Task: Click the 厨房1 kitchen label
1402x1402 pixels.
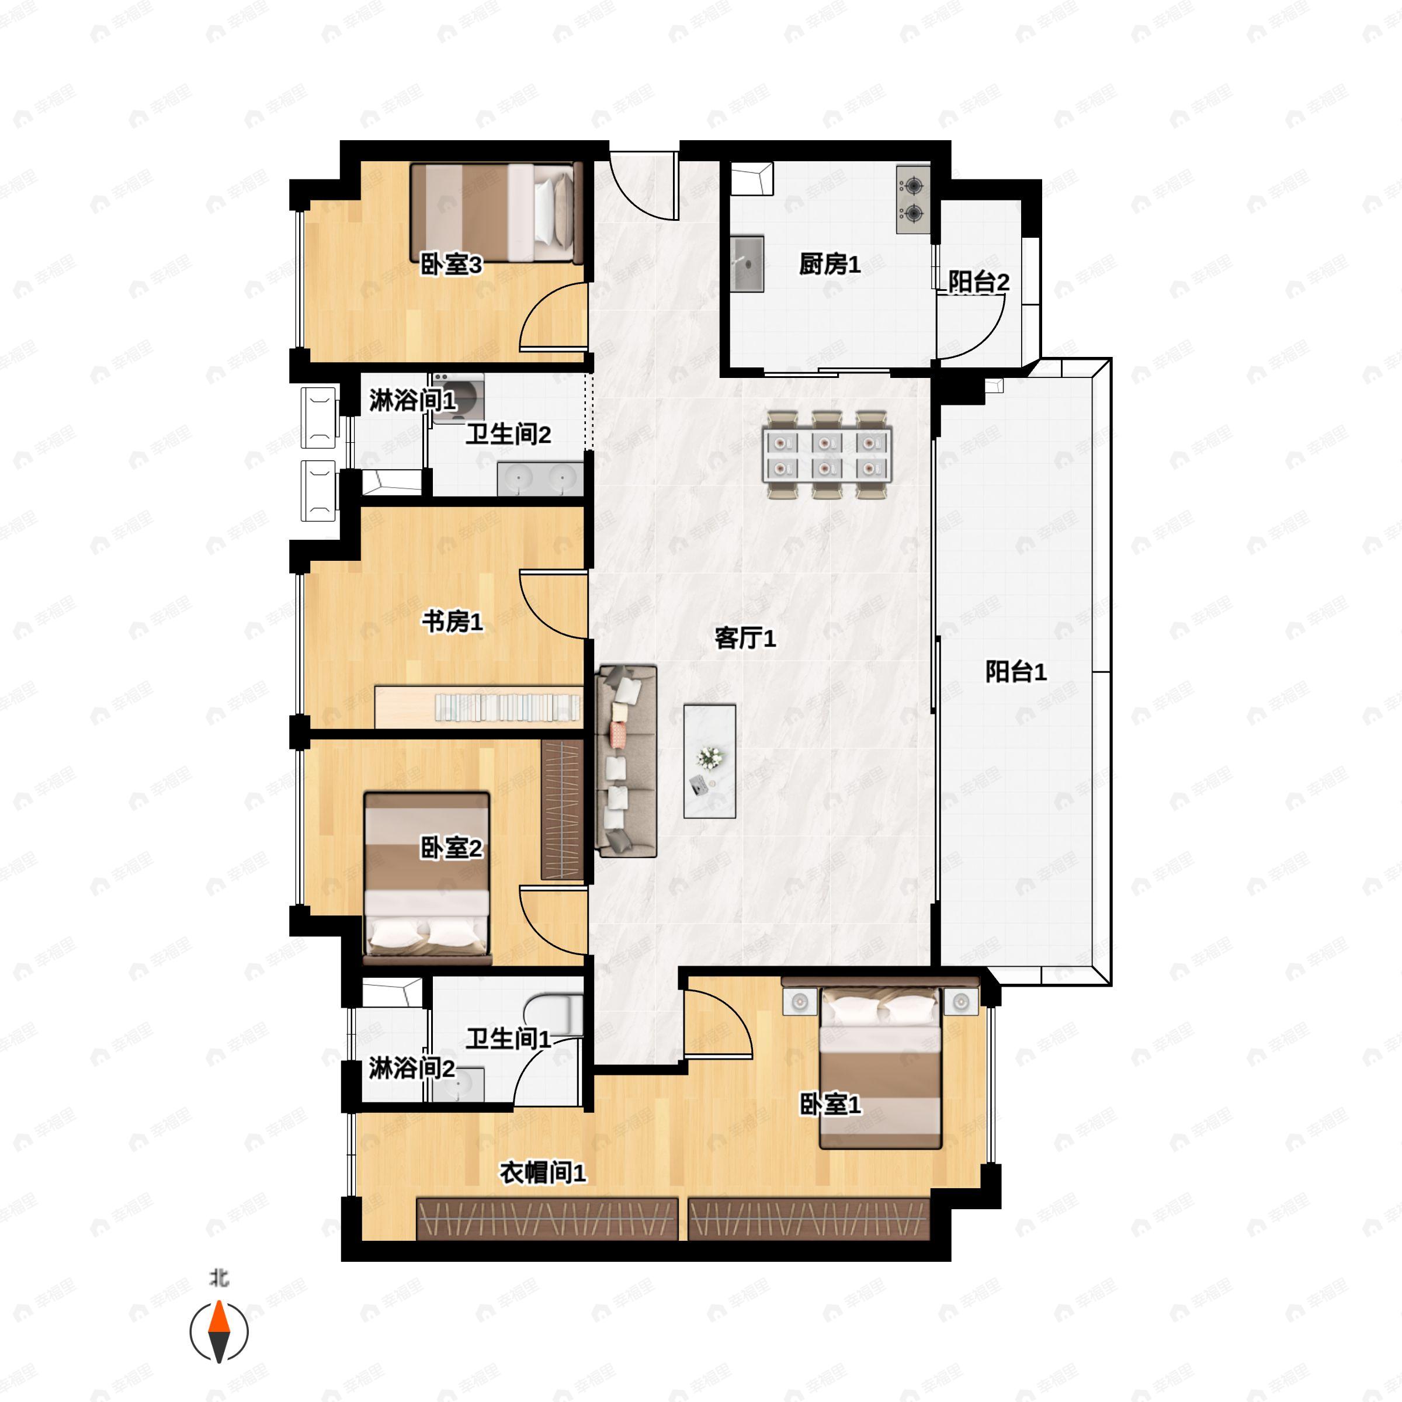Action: point(830,264)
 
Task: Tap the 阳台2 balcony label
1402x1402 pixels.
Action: point(978,282)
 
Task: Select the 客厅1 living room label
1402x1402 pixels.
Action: point(745,638)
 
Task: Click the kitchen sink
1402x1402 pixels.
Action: point(747,263)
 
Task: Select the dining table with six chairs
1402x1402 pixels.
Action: point(827,454)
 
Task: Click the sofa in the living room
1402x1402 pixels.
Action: point(626,761)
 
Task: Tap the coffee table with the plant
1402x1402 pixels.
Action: point(710,761)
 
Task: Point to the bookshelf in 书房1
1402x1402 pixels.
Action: point(479,706)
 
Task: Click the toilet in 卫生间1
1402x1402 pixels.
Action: point(553,1015)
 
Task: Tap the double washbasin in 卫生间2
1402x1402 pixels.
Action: point(540,479)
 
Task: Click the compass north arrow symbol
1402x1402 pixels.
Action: point(219,1332)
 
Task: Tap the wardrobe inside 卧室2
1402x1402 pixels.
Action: point(563,810)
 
